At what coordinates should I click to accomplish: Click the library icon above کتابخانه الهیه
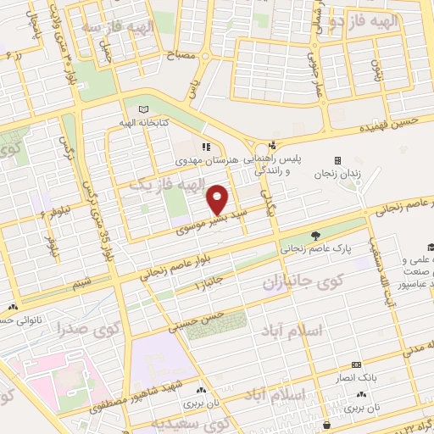point(142,109)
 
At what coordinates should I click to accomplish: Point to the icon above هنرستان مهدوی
point(203,146)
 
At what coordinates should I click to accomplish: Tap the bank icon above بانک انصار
point(356,364)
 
